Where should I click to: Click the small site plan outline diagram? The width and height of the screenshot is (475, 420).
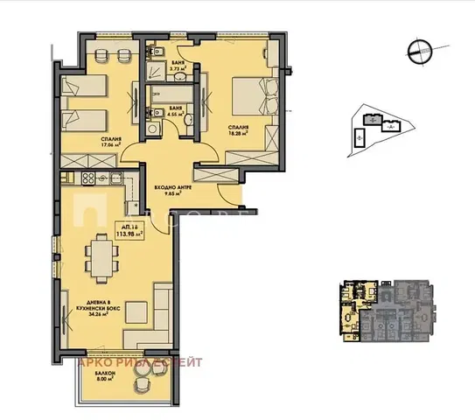pos(378,128)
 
